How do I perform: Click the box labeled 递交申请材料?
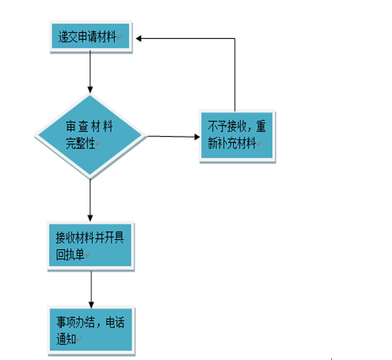(x=90, y=36)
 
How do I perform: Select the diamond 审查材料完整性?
(x=90, y=136)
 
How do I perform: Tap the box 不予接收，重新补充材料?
(x=237, y=136)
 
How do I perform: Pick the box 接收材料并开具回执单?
(x=90, y=246)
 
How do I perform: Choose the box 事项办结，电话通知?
(x=91, y=330)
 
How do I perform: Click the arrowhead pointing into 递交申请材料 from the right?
(x=139, y=38)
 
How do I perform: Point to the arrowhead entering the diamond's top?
(x=90, y=90)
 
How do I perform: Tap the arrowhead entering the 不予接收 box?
(x=197, y=137)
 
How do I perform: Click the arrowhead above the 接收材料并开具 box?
(x=90, y=218)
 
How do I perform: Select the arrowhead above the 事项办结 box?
(x=91, y=304)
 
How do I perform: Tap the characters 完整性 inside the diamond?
(x=80, y=143)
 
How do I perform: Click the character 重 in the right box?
(x=261, y=126)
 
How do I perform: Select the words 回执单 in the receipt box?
(x=70, y=254)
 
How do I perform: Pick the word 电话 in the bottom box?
(x=115, y=323)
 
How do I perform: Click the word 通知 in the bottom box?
(x=66, y=339)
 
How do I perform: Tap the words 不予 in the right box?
(x=217, y=126)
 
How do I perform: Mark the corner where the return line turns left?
(x=235, y=38)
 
